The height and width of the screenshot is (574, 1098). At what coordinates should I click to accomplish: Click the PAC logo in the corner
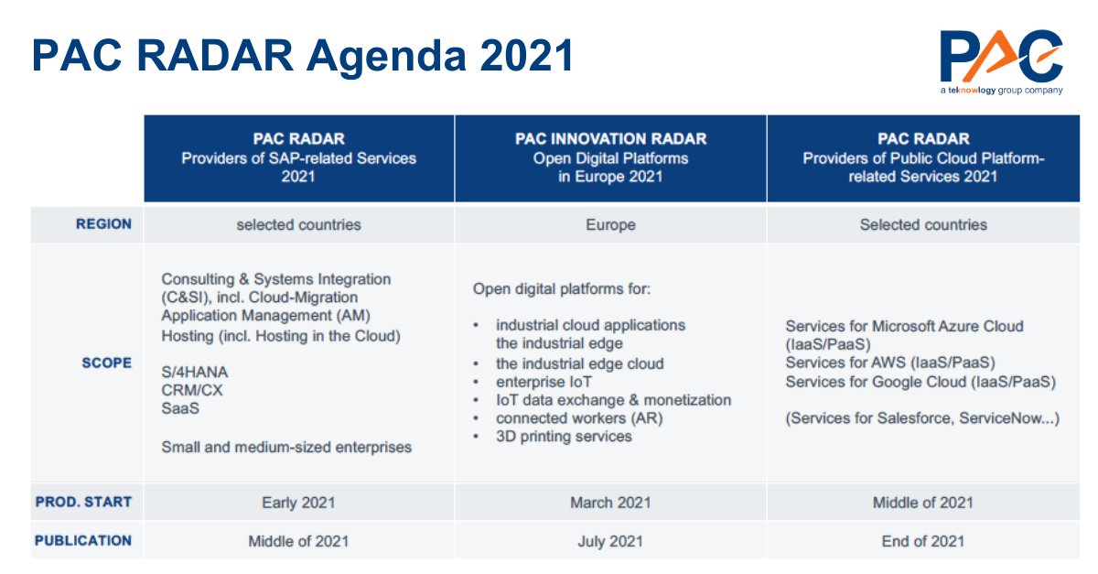click(1001, 60)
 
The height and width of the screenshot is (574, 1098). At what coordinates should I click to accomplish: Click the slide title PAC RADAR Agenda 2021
click(303, 55)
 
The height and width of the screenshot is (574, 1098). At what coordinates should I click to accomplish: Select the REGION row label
click(103, 224)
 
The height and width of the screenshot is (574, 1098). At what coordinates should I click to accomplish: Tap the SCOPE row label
click(106, 363)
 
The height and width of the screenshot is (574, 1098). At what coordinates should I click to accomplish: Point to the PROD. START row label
click(83, 502)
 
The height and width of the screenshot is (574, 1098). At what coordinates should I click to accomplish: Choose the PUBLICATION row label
click(83, 540)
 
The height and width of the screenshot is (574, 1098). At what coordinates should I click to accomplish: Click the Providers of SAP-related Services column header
click(298, 157)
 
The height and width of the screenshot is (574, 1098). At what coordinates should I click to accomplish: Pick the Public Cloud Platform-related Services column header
click(923, 157)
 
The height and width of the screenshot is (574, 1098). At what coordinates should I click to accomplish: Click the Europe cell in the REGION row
click(610, 224)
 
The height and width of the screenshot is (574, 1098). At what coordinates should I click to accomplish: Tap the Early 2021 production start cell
click(298, 502)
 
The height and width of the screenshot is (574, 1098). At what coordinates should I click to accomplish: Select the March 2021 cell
click(610, 502)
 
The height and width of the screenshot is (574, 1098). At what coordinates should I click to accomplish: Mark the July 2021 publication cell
click(610, 541)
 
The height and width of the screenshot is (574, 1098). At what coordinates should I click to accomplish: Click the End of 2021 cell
click(923, 541)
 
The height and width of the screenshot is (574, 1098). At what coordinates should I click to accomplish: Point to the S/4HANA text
click(195, 373)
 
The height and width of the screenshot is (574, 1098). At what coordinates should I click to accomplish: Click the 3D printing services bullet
click(564, 437)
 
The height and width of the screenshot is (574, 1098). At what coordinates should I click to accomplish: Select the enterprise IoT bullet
click(544, 382)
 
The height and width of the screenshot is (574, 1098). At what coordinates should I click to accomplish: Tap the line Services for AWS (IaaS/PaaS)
click(889, 363)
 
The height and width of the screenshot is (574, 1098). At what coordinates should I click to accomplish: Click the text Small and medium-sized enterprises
click(286, 448)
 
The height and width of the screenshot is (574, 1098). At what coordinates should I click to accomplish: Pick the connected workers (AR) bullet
click(579, 418)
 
